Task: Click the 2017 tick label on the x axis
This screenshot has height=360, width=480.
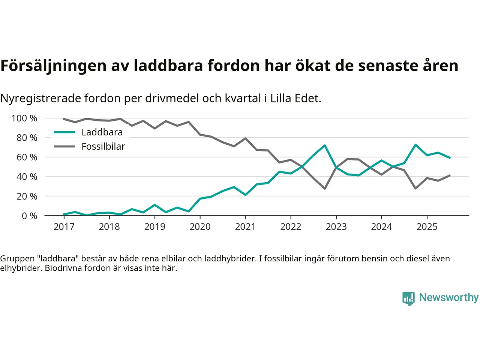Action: pos(64,226)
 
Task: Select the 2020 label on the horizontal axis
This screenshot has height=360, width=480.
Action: pos(200,226)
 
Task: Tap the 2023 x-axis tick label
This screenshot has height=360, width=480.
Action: pos(336,226)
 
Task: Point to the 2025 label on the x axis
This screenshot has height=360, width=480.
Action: pos(427,226)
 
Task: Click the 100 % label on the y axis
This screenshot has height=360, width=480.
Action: pos(24,118)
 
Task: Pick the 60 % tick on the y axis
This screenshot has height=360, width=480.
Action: pos(27,157)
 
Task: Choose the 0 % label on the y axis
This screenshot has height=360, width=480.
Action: pos(29,216)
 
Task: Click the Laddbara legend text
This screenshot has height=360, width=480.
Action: pos(102,132)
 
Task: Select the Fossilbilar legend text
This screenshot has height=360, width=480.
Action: pos(103,147)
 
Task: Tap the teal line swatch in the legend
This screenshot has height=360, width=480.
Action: pos(64,132)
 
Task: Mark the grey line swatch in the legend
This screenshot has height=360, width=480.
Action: pos(64,147)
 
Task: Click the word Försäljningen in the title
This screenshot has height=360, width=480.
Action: pos(53,66)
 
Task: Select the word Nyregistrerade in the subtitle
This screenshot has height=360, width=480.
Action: pos(40,98)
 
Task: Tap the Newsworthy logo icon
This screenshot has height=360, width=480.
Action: pos(408,298)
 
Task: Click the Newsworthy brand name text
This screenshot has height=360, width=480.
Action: pos(448,297)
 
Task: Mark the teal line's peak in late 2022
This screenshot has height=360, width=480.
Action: pos(324,145)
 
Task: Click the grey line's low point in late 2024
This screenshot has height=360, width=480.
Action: pos(415,188)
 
